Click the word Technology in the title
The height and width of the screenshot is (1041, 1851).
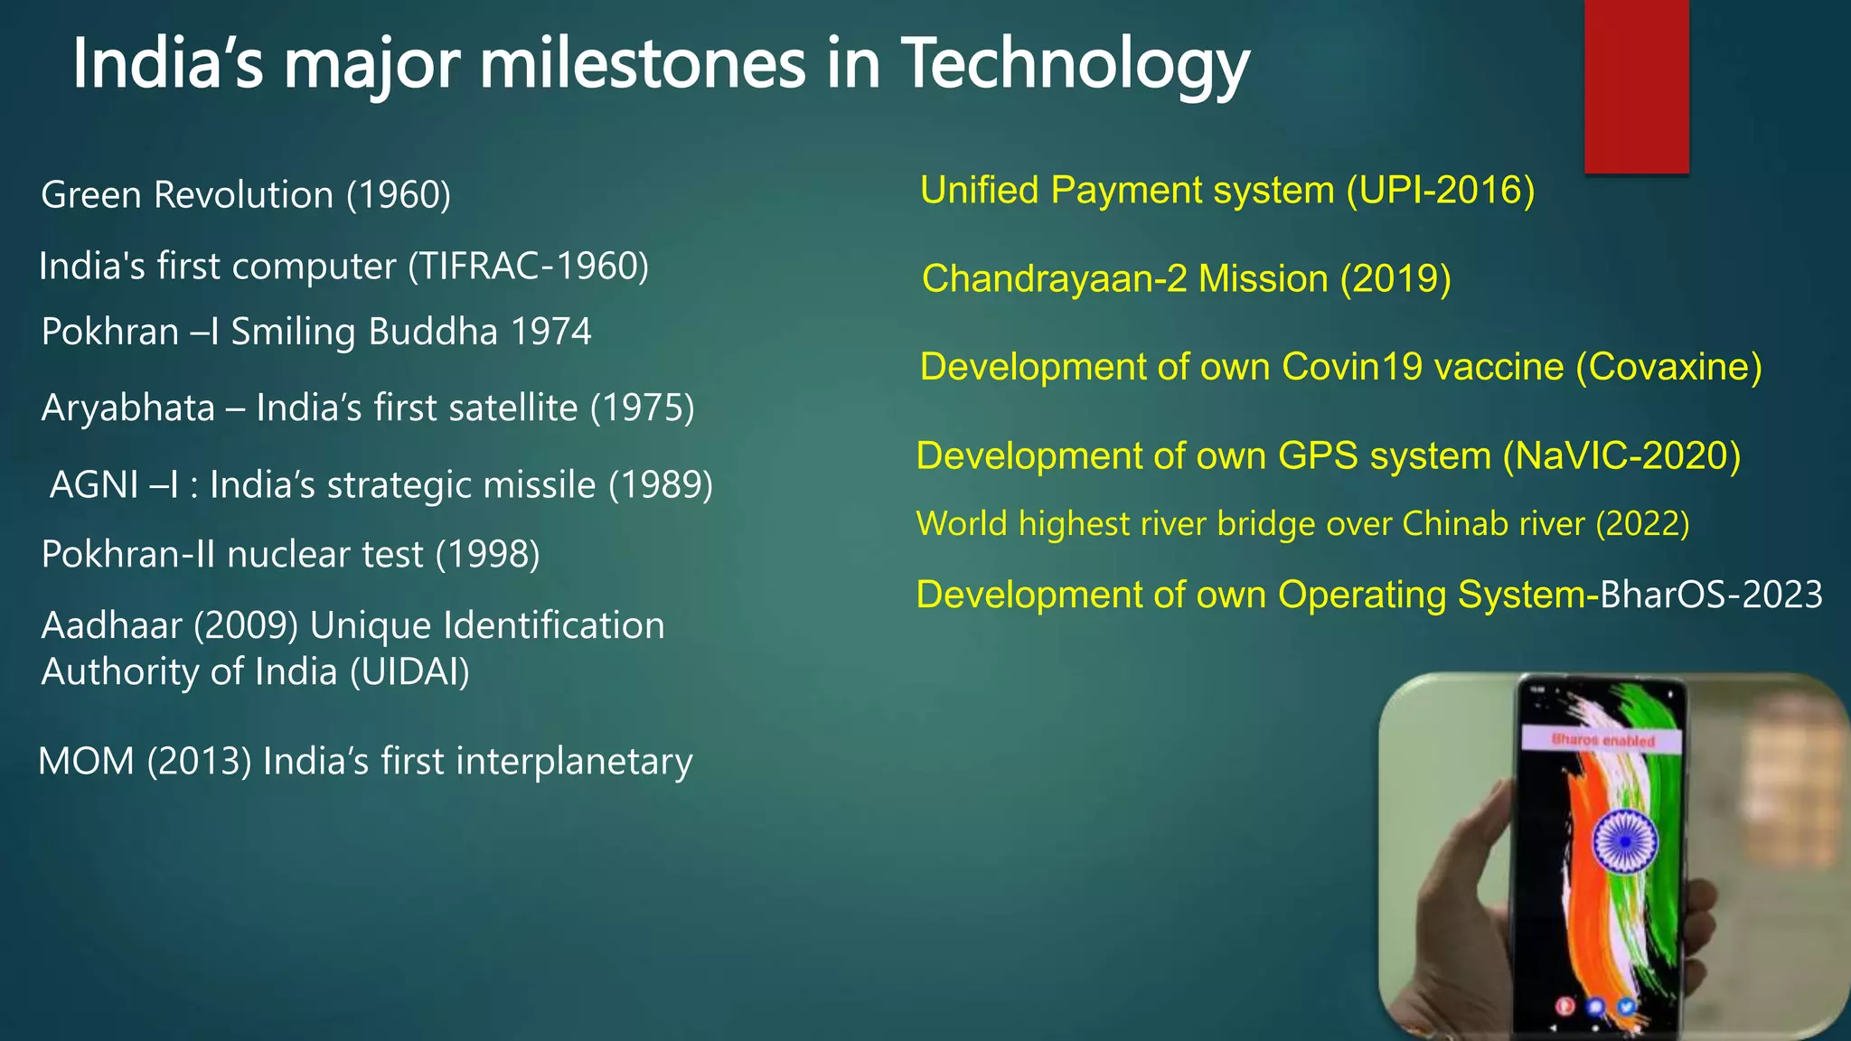point(1076,65)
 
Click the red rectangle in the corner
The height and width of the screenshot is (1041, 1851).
point(1636,86)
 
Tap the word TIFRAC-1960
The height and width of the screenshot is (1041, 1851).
point(529,267)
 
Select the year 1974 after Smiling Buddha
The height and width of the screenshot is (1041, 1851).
point(550,332)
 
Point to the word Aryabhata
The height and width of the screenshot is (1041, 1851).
point(128,408)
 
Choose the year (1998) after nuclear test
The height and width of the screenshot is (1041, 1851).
point(487,555)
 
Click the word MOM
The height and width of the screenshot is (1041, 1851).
point(87,762)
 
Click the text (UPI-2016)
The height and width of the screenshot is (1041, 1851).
point(1440,191)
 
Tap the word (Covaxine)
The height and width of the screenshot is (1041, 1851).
point(1668,367)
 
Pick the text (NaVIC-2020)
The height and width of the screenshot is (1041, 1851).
point(1621,455)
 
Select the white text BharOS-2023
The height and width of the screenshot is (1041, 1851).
point(1711,596)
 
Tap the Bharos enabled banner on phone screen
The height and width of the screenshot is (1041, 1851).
point(1602,740)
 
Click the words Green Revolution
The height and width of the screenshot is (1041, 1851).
point(187,195)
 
